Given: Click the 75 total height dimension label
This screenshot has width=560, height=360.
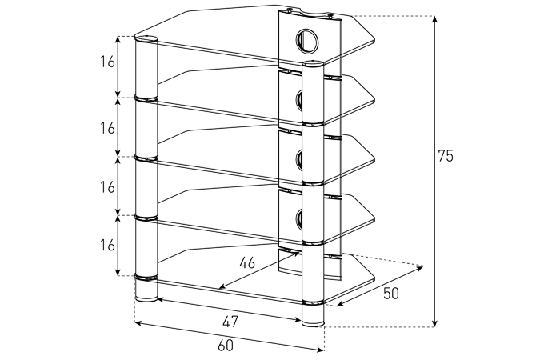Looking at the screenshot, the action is coord(446,156).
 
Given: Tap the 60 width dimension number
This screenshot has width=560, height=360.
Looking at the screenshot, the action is coord(226,346).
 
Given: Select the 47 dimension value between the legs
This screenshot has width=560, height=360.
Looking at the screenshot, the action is coord(230,322).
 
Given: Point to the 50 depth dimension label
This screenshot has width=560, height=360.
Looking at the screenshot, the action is coord(391,294).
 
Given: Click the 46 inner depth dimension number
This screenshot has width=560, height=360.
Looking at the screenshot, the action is coord(247,263).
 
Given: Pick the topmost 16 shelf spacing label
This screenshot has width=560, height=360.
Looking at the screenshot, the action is coord(107,62).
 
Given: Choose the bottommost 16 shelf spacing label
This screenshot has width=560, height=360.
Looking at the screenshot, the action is coord(107,246).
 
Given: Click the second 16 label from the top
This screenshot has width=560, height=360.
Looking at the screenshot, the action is coord(107,128).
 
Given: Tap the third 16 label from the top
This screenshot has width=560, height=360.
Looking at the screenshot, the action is coord(107,186).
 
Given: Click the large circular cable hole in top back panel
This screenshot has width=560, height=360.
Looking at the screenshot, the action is coord(306,40).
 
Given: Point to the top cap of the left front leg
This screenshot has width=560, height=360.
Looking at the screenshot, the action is coord(146,38).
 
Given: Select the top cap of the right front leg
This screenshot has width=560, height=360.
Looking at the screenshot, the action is coord(313,63).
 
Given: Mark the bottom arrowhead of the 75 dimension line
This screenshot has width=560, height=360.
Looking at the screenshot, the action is coord(434,322).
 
